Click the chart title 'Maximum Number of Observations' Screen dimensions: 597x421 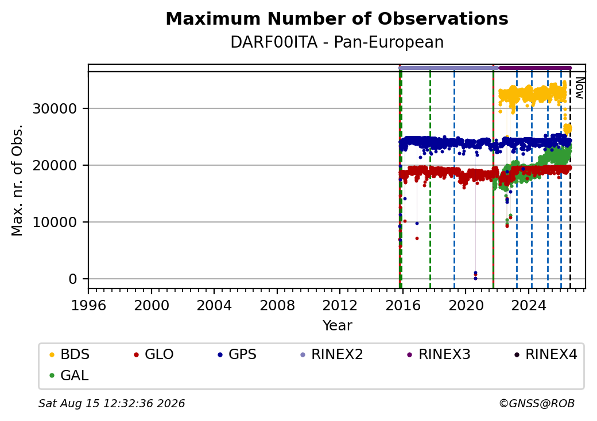pyautogui.click(x=337, y=18)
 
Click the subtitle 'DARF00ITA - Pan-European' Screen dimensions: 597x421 pyautogui.click(x=337, y=42)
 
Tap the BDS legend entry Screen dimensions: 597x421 pyautogui.click(x=69, y=354)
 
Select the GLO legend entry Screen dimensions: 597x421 pyautogui.click(x=154, y=354)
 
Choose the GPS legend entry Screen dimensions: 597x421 pyautogui.click(x=237, y=354)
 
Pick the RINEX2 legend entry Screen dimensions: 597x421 pyautogui.click(x=332, y=354)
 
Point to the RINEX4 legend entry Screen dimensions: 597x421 pyautogui.click(x=546, y=354)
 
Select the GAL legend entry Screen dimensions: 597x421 pyautogui.click(x=69, y=375)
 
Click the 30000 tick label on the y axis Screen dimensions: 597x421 pyautogui.click(x=55, y=109)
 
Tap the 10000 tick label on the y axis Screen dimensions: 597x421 pyautogui.click(x=55, y=222)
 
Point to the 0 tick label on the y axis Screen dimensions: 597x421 pyautogui.click(x=73, y=279)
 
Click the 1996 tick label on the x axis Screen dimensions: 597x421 pyautogui.click(x=88, y=305)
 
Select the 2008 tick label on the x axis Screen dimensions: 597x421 pyautogui.click(x=277, y=305)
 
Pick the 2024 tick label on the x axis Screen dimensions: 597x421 pyautogui.click(x=529, y=305)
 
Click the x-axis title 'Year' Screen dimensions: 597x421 pyautogui.click(x=337, y=326)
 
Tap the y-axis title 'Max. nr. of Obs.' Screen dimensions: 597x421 pyautogui.click(x=17, y=180)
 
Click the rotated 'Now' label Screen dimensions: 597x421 pyautogui.click(x=579, y=88)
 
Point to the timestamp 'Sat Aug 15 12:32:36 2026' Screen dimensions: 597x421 pyautogui.click(x=111, y=403)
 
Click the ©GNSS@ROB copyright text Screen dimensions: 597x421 pyautogui.click(x=537, y=403)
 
